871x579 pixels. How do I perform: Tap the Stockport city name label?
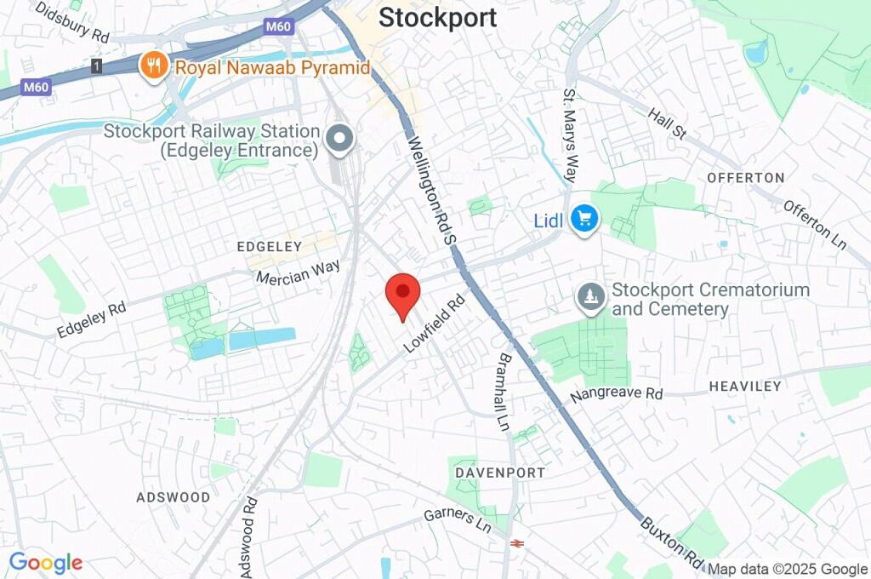click(437, 18)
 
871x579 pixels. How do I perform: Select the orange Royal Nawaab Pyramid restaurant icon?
click(154, 66)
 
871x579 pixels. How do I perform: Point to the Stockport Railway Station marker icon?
click(340, 138)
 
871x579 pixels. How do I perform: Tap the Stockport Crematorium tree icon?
click(590, 297)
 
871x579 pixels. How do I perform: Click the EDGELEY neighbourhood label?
click(270, 246)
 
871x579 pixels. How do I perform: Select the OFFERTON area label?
click(745, 178)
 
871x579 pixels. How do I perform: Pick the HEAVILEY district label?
click(745, 387)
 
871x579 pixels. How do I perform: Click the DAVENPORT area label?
click(500, 472)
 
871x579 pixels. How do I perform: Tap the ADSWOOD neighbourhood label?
click(173, 496)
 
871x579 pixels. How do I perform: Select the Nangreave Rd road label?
click(617, 394)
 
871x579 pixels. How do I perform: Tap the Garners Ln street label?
click(458, 519)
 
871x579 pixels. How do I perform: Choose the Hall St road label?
click(666, 124)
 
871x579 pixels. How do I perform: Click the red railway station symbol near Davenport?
click(515, 543)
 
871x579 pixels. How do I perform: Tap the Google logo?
click(45, 563)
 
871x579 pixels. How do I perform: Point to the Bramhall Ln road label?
click(505, 392)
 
